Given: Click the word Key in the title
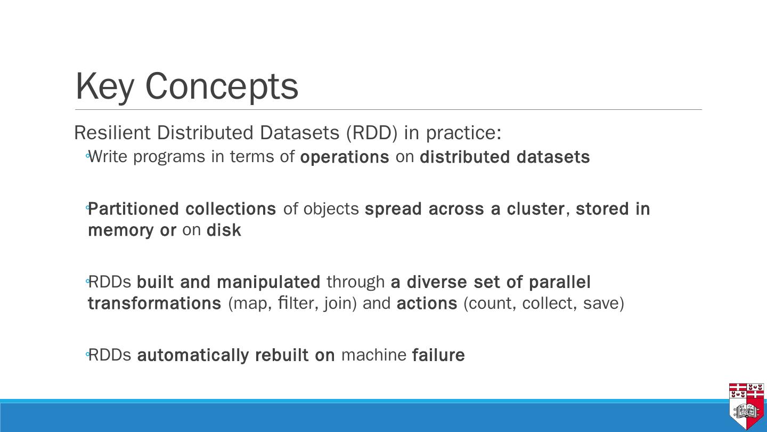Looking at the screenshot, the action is click(x=104, y=86).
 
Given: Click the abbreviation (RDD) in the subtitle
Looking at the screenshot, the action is click(x=372, y=133).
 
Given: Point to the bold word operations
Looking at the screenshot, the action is click(x=345, y=157).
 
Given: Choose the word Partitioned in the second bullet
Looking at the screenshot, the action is click(x=133, y=209).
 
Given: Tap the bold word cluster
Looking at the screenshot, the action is click(x=535, y=209).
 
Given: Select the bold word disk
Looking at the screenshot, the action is click(x=224, y=230).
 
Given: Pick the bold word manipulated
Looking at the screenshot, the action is click(x=268, y=282).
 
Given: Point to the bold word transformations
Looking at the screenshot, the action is click(x=154, y=303).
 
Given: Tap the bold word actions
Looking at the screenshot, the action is click(x=427, y=303).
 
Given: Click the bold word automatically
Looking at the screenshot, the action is click(x=193, y=355).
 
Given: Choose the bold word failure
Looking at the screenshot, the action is click(x=438, y=355).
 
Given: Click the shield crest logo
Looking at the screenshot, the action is click(x=746, y=405).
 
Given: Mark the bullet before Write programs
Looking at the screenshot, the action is click(x=87, y=156).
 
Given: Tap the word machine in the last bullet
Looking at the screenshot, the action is click(x=373, y=355).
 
